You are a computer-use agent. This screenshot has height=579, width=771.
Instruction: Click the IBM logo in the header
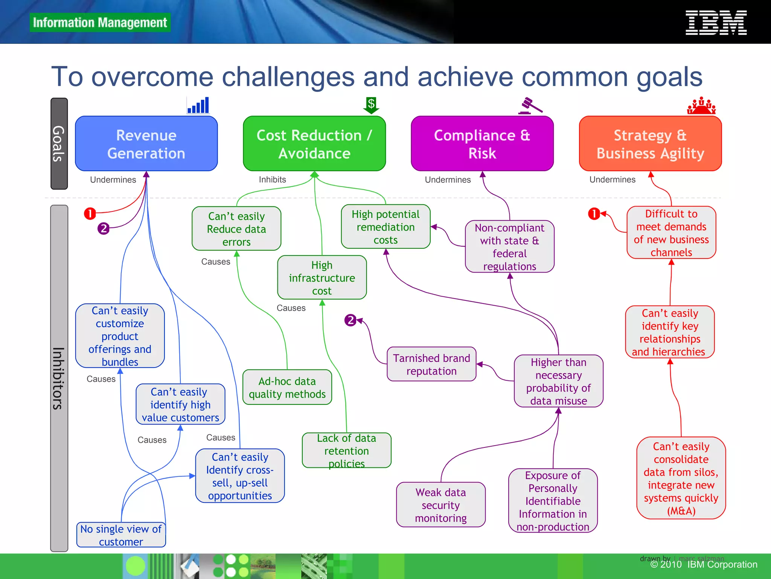click(716, 23)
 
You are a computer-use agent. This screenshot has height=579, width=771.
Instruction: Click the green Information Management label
click(100, 23)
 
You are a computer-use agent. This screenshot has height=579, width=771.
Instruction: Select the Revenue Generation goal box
click(146, 144)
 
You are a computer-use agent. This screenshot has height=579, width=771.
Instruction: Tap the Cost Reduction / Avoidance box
click(314, 144)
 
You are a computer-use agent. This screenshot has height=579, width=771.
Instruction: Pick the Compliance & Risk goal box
click(482, 144)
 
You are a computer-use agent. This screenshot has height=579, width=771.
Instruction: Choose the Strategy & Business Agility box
click(650, 144)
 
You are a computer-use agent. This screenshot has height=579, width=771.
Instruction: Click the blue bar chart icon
click(198, 105)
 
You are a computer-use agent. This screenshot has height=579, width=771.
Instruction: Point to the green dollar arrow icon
click(371, 105)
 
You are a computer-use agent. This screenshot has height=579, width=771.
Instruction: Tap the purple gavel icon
click(530, 106)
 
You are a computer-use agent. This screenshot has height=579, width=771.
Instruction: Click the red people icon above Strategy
click(701, 106)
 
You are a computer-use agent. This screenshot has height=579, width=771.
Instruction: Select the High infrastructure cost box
click(322, 278)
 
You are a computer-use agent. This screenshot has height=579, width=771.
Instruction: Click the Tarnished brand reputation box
click(431, 364)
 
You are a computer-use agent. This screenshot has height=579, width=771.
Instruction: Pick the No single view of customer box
click(121, 535)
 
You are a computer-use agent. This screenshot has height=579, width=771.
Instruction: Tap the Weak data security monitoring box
click(440, 505)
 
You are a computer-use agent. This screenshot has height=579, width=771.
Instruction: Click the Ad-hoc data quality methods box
click(287, 388)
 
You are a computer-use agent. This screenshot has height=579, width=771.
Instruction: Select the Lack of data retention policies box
click(346, 450)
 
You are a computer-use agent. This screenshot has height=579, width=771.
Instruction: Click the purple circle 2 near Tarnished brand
click(350, 320)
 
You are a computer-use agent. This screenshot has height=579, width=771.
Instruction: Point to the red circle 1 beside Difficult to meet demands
click(594, 214)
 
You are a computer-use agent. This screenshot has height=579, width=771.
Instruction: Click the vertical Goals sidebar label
click(59, 144)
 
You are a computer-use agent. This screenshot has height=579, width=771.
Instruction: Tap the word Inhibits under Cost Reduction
click(272, 180)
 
